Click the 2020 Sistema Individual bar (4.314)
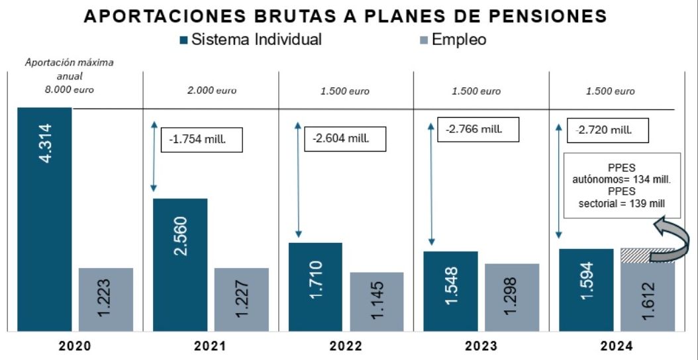44,218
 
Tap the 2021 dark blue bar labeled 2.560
179,264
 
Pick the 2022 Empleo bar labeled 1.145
376,301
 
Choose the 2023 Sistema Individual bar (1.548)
450,291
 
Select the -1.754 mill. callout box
202,139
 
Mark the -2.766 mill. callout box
477,128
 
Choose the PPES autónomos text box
621,185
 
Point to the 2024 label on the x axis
617,346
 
